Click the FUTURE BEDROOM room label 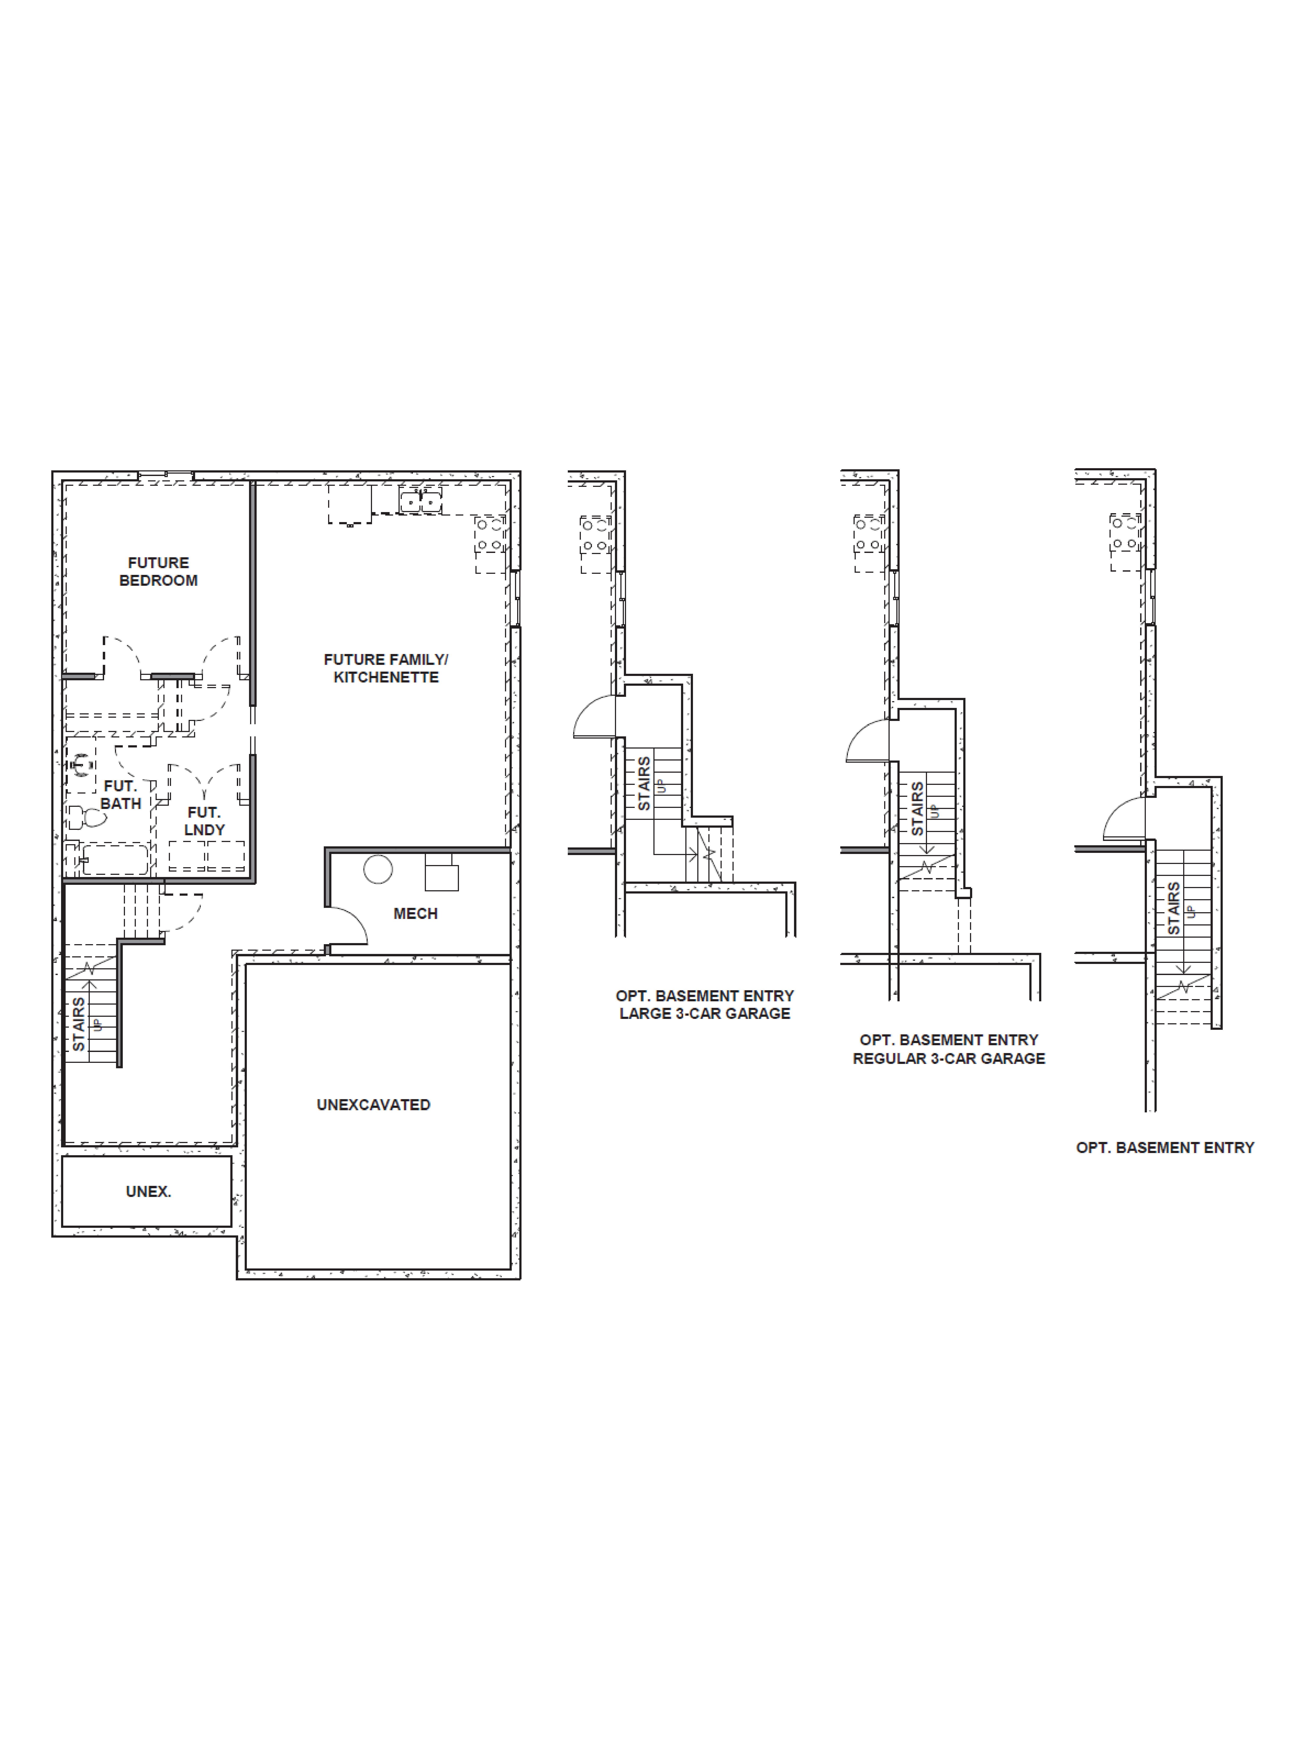(x=158, y=572)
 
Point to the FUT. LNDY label (x=204, y=821)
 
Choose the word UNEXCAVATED (x=373, y=1105)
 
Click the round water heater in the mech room (x=378, y=869)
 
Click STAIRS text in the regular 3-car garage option (x=917, y=808)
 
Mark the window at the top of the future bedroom (x=166, y=475)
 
